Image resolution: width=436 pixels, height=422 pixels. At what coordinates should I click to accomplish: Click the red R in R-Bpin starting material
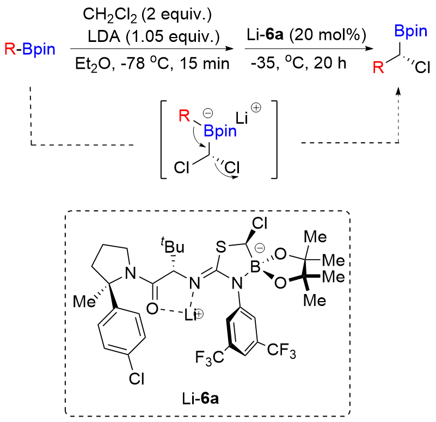pos(9,50)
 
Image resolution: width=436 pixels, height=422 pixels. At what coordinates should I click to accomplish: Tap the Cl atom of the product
pos(422,68)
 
